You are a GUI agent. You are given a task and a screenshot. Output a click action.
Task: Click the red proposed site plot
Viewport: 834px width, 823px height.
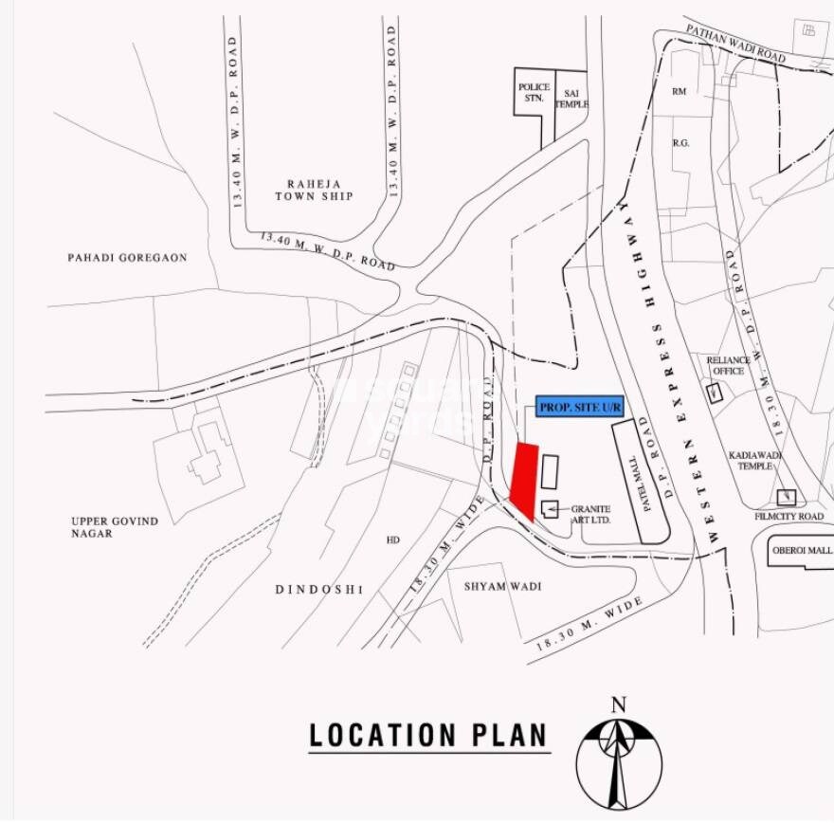524,481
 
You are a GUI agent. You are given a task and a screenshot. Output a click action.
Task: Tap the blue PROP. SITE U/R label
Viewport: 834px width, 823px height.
580,407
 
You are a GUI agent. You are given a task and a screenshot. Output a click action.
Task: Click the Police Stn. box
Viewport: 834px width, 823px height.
534,92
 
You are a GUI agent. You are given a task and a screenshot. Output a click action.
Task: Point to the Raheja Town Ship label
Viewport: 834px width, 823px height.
314,190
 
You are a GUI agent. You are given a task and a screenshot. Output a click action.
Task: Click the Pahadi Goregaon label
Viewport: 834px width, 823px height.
127,257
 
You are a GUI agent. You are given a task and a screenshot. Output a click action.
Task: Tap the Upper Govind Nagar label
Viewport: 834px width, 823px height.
115,527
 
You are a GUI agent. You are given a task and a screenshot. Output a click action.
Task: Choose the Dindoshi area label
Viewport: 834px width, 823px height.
319,590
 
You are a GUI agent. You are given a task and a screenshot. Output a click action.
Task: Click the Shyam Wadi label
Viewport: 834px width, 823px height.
502,587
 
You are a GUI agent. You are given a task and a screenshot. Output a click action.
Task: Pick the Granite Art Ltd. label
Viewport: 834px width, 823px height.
590,515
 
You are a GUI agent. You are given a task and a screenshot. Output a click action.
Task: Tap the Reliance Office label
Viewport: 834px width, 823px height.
728,366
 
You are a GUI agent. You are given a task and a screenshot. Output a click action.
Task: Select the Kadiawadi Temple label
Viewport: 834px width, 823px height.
753,461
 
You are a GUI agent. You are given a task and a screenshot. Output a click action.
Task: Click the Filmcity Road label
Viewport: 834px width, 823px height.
789,517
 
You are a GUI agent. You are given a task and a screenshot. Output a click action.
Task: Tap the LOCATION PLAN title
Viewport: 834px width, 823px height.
428,735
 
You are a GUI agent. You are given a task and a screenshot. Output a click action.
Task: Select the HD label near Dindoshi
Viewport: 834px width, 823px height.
392,540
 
